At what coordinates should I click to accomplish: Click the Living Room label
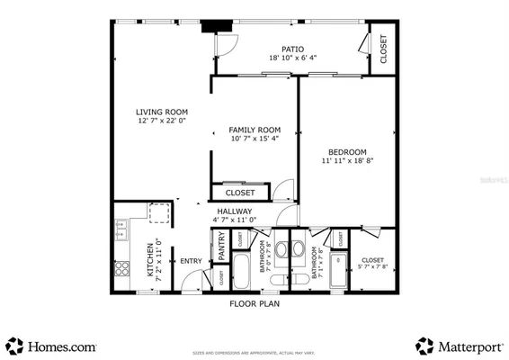pos(162,112)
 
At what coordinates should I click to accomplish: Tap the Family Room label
pos(254,130)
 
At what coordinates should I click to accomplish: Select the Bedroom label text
pos(346,151)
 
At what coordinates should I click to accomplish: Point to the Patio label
pos(292,49)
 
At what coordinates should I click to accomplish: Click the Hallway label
pos(234,211)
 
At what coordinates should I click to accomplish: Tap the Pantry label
pos(219,247)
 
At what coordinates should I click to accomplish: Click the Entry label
pos(191,261)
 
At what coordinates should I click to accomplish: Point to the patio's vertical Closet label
pos(383,49)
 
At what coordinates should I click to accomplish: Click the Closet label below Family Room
pos(240,193)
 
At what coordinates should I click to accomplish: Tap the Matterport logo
pos(459,345)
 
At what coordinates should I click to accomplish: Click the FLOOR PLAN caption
pos(254,304)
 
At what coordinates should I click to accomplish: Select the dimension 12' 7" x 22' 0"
pos(162,121)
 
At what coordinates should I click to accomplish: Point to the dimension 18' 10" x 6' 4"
pos(292,58)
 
